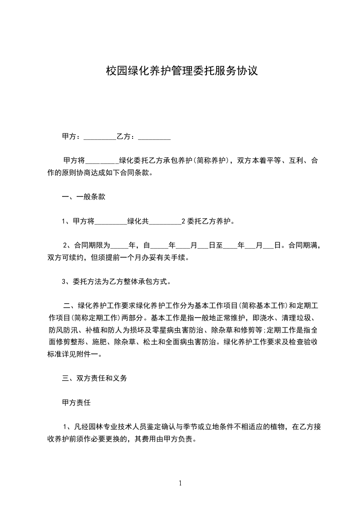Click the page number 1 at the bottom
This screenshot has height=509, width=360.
[180, 483]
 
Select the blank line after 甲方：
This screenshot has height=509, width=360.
[100, 137]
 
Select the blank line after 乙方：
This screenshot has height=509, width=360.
[154, 137]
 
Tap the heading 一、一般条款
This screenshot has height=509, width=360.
[84, 197]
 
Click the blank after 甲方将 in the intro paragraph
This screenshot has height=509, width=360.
[102, 161]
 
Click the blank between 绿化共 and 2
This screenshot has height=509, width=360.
[165, 222]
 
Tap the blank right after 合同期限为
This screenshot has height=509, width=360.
[120, 246]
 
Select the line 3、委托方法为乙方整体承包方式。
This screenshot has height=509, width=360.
[116, 282]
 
